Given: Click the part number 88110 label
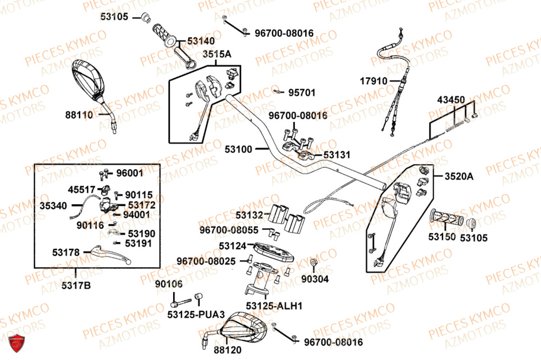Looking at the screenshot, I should coord(79,115).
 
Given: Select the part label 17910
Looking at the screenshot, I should coord(373,81).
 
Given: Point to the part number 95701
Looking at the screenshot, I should coord(301,92).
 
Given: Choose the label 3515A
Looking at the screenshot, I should coord(217,54).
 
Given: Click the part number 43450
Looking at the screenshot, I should coord(451,100).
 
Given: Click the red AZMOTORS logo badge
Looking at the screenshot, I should coord(17,343).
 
